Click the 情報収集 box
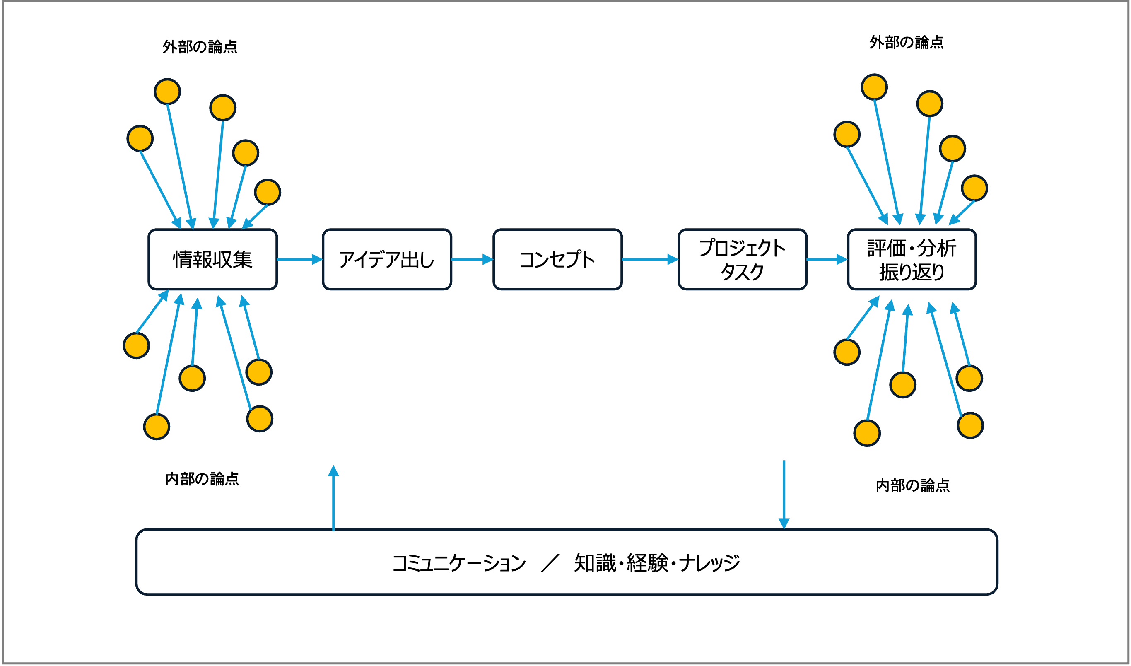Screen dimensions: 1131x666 coord(213,259)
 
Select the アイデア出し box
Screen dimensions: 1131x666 coord(387,259)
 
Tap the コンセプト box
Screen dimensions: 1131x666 coord(557,259)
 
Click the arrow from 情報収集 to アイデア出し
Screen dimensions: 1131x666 coord(300,259)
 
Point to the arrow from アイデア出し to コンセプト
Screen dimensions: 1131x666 coord(472,259)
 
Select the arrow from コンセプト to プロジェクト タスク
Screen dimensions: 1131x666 coord(650,259)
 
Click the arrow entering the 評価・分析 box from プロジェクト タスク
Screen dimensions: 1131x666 coord(827,259)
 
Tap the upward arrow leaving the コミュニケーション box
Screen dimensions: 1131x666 coord(333,498)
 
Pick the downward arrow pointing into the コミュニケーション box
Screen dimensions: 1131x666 coord(784,495)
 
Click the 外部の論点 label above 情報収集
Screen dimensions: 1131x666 coord(200,47)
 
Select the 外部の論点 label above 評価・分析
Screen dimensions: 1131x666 coord(907,42)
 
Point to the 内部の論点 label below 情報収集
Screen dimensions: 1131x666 coord(202,479)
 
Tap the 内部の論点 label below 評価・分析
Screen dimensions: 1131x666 coord(912,485)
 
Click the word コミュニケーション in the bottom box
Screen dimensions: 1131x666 coord(459,563)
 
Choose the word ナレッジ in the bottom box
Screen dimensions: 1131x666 coord(709,563)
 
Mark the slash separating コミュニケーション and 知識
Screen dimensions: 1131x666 coord(550,563)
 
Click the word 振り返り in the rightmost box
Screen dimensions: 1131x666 coord(912,272)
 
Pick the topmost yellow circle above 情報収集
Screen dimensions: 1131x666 coord(167,92)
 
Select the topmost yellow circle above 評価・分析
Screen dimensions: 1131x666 coord(874,87)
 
